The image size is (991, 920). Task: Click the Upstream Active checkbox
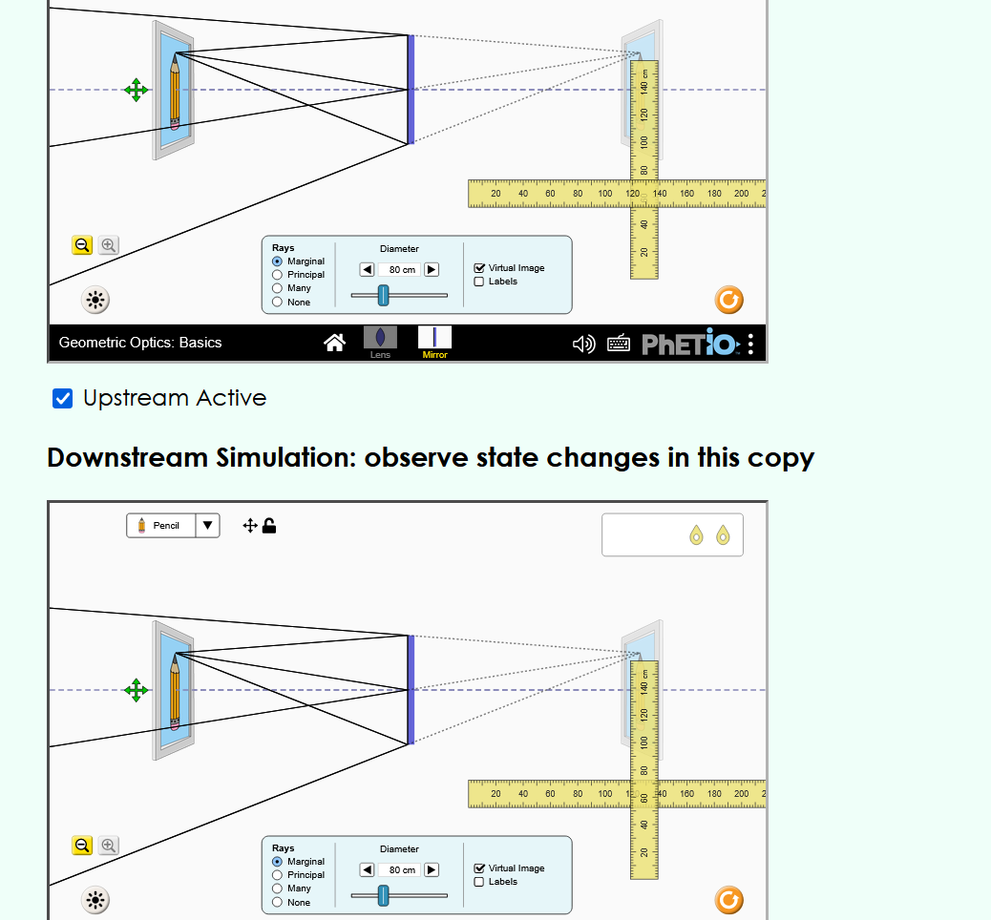pyautogui.click(x=63, y=398)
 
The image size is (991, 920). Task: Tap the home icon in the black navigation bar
pyautogui.click(x=334, y=343)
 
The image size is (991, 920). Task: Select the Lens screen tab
pyautogui.click(x=380, y=341)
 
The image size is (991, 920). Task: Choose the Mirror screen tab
pyautogui.click(x=434, y=341)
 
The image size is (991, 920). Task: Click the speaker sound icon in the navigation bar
pyautogui.click(x=583, y=344)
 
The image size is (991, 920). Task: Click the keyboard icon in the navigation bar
pyautogui.click(x=619, y=344)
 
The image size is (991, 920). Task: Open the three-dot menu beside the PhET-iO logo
pyautogui.click(x=751, y=344)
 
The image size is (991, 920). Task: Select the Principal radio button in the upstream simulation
pyautogui.click(x=278, y=275)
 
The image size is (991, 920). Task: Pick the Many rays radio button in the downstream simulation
pyautogui.click(x=278, y=889)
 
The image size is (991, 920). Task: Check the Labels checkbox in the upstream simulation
pyautogui.click(x=480, y=282)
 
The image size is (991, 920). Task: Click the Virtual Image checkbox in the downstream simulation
pyautogui.click(x=480, y=868)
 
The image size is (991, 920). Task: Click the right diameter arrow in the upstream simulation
pyautogui.click(x=432, y=270)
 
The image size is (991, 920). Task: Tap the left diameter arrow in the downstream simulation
pyautogui.click(x=367, y=869)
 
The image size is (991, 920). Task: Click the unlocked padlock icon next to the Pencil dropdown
pyautogui.click(x=270, y=525)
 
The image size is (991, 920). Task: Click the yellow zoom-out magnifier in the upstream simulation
pyautogui.click(x=82, y=245)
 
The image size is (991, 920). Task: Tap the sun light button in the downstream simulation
pyautogui.click(x=95, y=899)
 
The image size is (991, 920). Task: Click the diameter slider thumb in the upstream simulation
pyautogui.click(x=384, y=295)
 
